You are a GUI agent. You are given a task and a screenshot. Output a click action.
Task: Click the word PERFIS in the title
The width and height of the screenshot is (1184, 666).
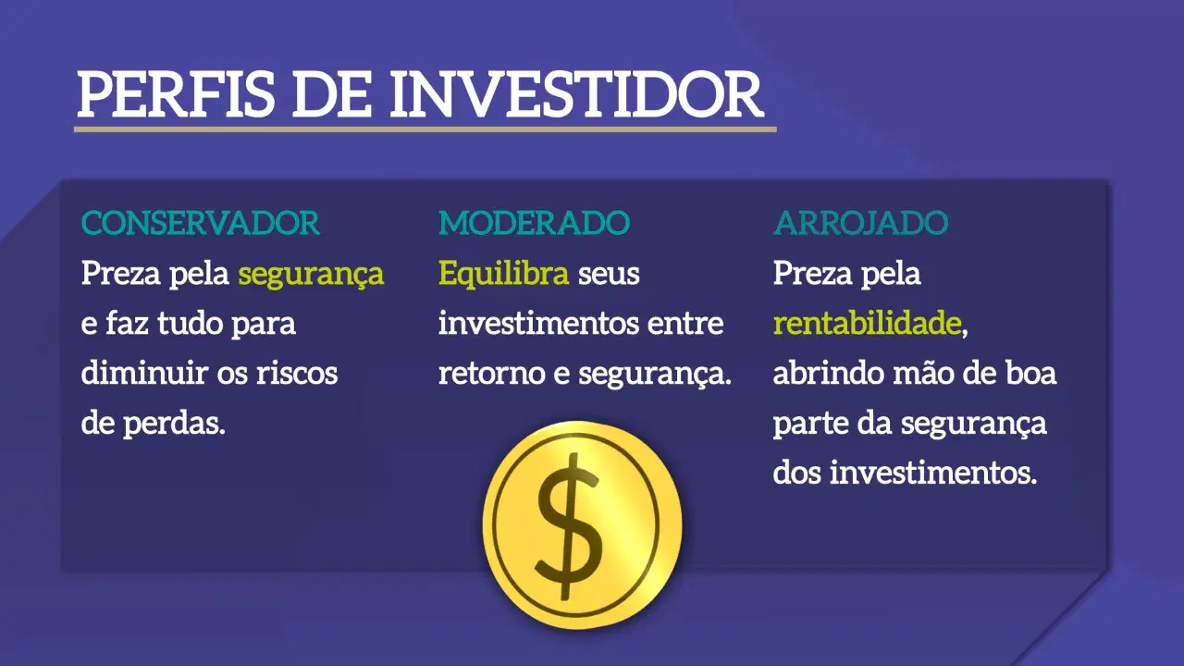point(176,94)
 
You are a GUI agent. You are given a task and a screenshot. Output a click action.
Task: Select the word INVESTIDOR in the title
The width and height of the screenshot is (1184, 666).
point(576,94)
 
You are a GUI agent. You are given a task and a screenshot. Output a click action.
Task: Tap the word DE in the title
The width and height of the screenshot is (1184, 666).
point(332,94)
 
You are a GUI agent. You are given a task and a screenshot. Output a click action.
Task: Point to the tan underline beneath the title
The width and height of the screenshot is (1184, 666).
point(425,129)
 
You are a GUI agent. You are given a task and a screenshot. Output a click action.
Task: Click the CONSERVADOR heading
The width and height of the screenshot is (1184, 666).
point(201,223)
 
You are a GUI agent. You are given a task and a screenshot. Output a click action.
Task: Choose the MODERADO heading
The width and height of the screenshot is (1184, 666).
point(534,223)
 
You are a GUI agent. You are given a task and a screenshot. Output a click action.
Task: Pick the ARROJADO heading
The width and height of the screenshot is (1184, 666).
point(861,223)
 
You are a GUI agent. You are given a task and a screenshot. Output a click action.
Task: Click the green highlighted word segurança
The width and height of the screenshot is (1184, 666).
point(311,275)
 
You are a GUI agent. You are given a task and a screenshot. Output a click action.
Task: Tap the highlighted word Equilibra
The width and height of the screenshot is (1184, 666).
point(504,274)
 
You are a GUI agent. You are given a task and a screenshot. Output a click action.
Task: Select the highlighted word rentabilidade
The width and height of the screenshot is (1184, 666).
point(868,323)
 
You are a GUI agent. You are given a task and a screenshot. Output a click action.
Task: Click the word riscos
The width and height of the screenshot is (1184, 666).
point(297,373)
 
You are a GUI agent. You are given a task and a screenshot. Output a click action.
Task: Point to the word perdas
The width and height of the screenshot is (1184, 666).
point(175,423)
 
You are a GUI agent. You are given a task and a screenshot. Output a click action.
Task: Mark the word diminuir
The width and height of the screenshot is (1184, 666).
point(144,373)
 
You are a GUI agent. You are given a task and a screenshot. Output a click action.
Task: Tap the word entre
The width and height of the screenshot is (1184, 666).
point(685,324)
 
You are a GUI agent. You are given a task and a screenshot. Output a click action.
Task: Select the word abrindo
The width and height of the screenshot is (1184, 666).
point(828,373)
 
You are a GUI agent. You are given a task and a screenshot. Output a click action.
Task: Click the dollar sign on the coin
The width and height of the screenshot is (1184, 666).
point(569,526)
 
